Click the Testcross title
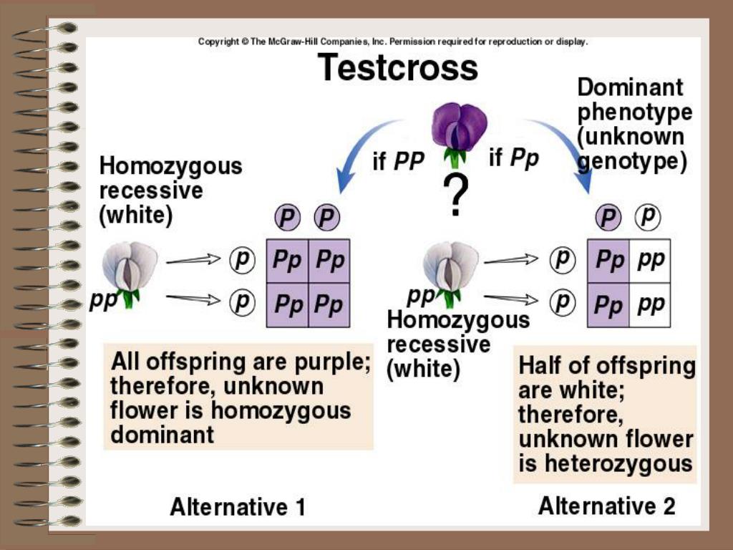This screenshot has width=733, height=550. click(397, 69)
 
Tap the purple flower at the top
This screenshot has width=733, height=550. click(459, 129)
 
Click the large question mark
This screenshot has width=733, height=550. click(456, 195)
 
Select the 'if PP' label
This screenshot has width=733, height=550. click(399, 161)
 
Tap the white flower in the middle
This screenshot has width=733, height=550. click(450, 269)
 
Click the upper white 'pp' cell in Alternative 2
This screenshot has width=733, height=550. click(650, 261)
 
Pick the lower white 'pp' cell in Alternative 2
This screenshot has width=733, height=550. click(650, 305)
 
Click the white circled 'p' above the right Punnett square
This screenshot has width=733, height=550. click(649, 216)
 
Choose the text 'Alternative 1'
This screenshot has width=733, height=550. click(237, 507)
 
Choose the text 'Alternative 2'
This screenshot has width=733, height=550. click(606, 506)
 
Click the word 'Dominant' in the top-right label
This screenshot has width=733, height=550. click(630, 88)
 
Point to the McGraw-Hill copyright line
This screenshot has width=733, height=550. click(392, 42)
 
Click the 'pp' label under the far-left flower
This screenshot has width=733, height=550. click(104, 301)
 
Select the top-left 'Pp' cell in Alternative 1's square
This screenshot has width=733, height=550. click(287, 261)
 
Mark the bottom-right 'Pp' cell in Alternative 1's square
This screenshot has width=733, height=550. click(330, 306)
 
